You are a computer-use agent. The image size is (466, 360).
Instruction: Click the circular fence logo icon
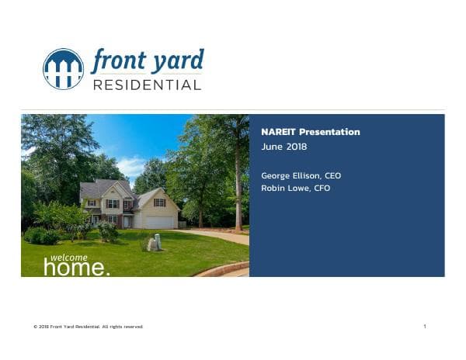click(63, 69)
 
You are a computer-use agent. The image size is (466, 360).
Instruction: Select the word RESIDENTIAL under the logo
click(147, 85)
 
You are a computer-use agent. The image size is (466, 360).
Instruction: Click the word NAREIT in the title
click(279, 132)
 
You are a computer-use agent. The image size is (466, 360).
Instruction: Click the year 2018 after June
click(296, 147)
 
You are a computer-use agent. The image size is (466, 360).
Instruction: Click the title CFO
click(319, 188)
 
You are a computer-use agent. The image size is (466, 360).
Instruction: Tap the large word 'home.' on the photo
click(76, 268)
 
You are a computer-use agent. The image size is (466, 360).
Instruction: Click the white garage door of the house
click(159, 222)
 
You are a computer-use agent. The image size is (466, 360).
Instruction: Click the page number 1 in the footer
click(425, 327)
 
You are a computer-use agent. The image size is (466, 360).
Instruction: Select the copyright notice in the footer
click(88, 327)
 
